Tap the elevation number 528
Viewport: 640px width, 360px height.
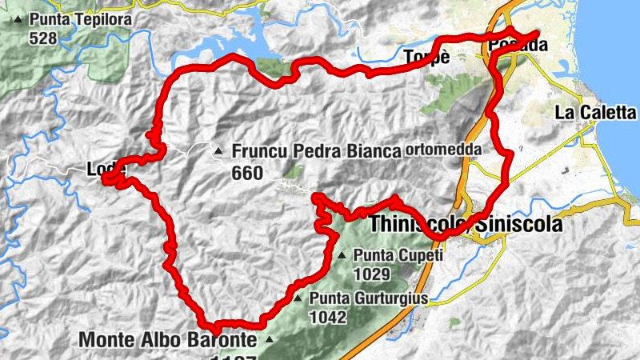point(42,38)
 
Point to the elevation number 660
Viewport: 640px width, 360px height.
point(247,173)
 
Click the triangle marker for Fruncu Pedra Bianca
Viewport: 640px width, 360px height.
point(218,150)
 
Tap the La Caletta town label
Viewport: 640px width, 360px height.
point(595,113)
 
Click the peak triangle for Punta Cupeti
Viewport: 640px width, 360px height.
point(342,256)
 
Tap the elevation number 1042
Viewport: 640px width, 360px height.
point(329,317)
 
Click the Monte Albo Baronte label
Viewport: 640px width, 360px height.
point(168,340)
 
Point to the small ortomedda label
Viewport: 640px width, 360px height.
point(443,150)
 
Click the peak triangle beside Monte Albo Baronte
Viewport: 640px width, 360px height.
point(269,340)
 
